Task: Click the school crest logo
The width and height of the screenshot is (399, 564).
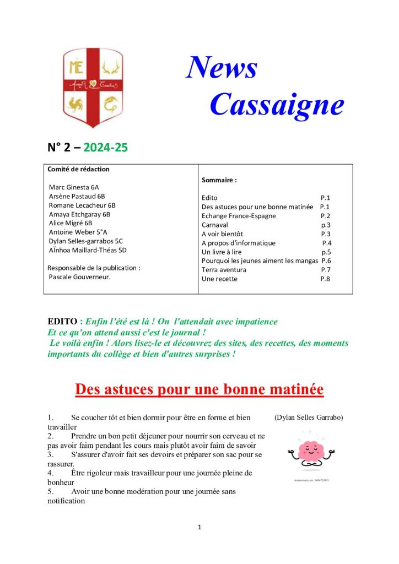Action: pos(92,87)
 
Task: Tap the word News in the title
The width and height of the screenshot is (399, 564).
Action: pos(222,68)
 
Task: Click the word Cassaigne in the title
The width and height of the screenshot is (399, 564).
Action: pos(277,104)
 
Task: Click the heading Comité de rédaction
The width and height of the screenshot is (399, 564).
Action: pos(79,169)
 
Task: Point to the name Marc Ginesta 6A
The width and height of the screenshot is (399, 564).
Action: pos(75,187)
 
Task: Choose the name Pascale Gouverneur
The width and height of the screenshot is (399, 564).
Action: pos(80,276)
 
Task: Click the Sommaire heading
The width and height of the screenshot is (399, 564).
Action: pos(219,180)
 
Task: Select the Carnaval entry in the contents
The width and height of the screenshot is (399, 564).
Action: pos(215,225)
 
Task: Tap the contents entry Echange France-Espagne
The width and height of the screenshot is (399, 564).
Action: pos(239,216)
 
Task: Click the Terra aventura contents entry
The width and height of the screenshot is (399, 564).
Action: pos(224,270)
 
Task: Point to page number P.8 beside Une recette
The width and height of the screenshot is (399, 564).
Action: pos(325,279)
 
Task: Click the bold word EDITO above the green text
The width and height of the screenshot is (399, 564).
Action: pos(63,321)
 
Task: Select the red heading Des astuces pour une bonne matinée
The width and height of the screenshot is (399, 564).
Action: pos(199,389)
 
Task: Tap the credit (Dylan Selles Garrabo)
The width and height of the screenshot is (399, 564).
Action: pos(308,417)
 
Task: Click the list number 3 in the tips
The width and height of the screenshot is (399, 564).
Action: pos(50,454)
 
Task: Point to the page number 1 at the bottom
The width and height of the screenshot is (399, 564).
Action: pos(199,527)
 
